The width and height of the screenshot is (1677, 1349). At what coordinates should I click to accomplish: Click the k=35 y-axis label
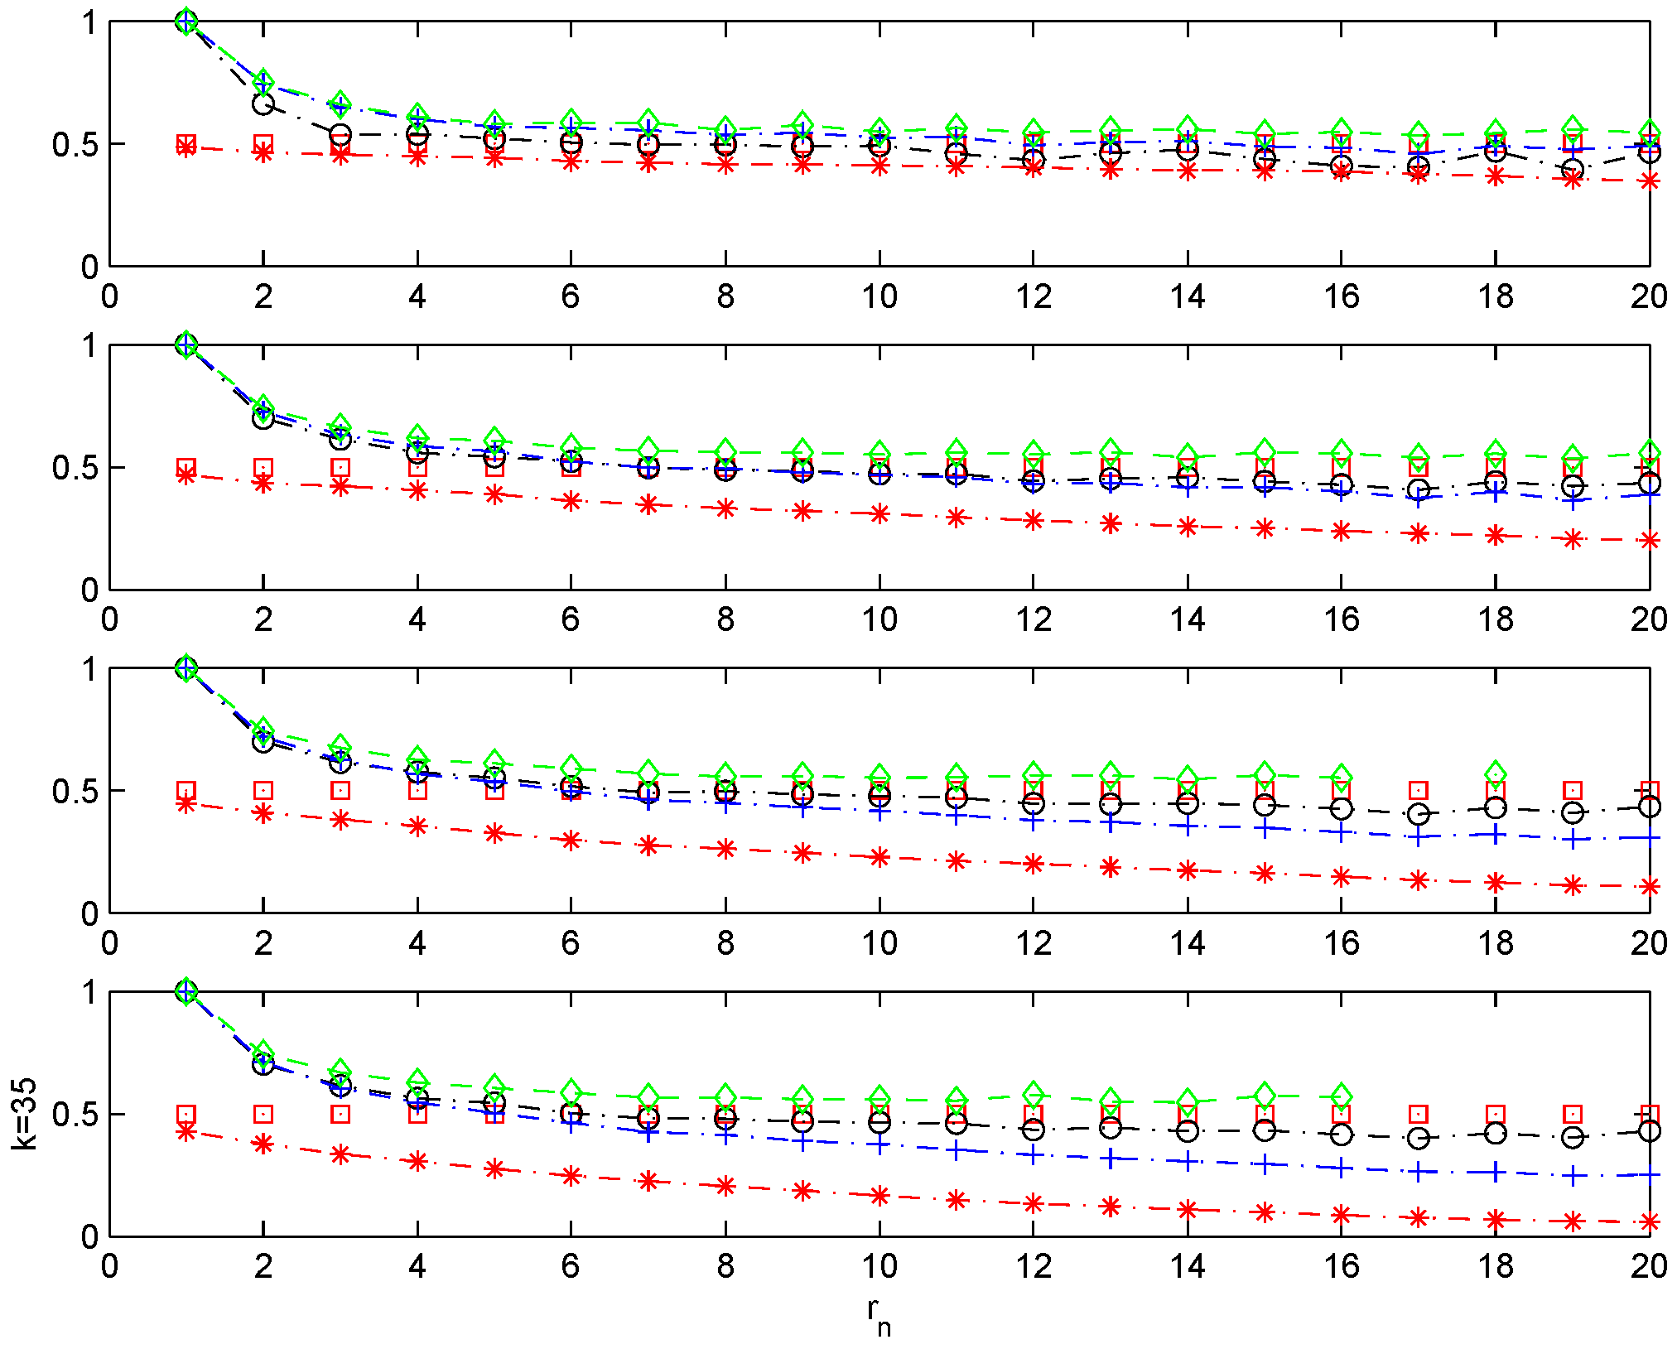pos(25,1114)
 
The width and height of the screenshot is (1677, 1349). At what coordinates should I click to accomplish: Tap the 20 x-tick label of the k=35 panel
pos(1648,1266)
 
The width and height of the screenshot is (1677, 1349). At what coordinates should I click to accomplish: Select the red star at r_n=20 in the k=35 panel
pos(1650,1221)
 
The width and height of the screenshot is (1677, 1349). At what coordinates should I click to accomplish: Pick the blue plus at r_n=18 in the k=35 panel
pos(1496,1172)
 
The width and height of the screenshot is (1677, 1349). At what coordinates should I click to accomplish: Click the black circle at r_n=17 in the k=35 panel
pos(1419,1138)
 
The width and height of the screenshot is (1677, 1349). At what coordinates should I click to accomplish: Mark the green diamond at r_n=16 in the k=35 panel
pos(1342,1096)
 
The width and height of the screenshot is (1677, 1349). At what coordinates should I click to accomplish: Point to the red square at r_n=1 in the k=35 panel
pos(186,1114)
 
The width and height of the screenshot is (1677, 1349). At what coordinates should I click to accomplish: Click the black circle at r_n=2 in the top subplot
pos(263,104)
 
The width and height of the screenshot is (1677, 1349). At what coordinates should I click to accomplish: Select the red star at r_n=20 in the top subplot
pos(1650,181)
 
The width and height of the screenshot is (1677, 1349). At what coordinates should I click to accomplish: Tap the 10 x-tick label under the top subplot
pos(879,296)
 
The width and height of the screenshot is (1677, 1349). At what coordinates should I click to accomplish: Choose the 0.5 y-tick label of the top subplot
pos(75,145)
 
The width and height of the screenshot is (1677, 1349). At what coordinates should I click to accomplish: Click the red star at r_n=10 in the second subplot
pos(879,514)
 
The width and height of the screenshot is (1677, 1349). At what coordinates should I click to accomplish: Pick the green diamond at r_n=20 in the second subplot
pos(1650,452)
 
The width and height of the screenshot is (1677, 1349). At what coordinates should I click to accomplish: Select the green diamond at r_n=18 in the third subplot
pos(1496,773)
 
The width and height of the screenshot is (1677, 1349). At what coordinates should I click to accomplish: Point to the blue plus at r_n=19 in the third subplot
pos(1573,840)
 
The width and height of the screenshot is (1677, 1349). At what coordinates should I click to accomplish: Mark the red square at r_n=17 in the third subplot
pos(1419,790)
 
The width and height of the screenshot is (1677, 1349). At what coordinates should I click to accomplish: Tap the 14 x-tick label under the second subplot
pos(1187,619)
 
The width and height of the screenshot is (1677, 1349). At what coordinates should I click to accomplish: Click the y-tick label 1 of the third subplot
pos(89,669)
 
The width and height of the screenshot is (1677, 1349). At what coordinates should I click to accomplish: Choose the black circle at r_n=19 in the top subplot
pos(1573,170)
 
